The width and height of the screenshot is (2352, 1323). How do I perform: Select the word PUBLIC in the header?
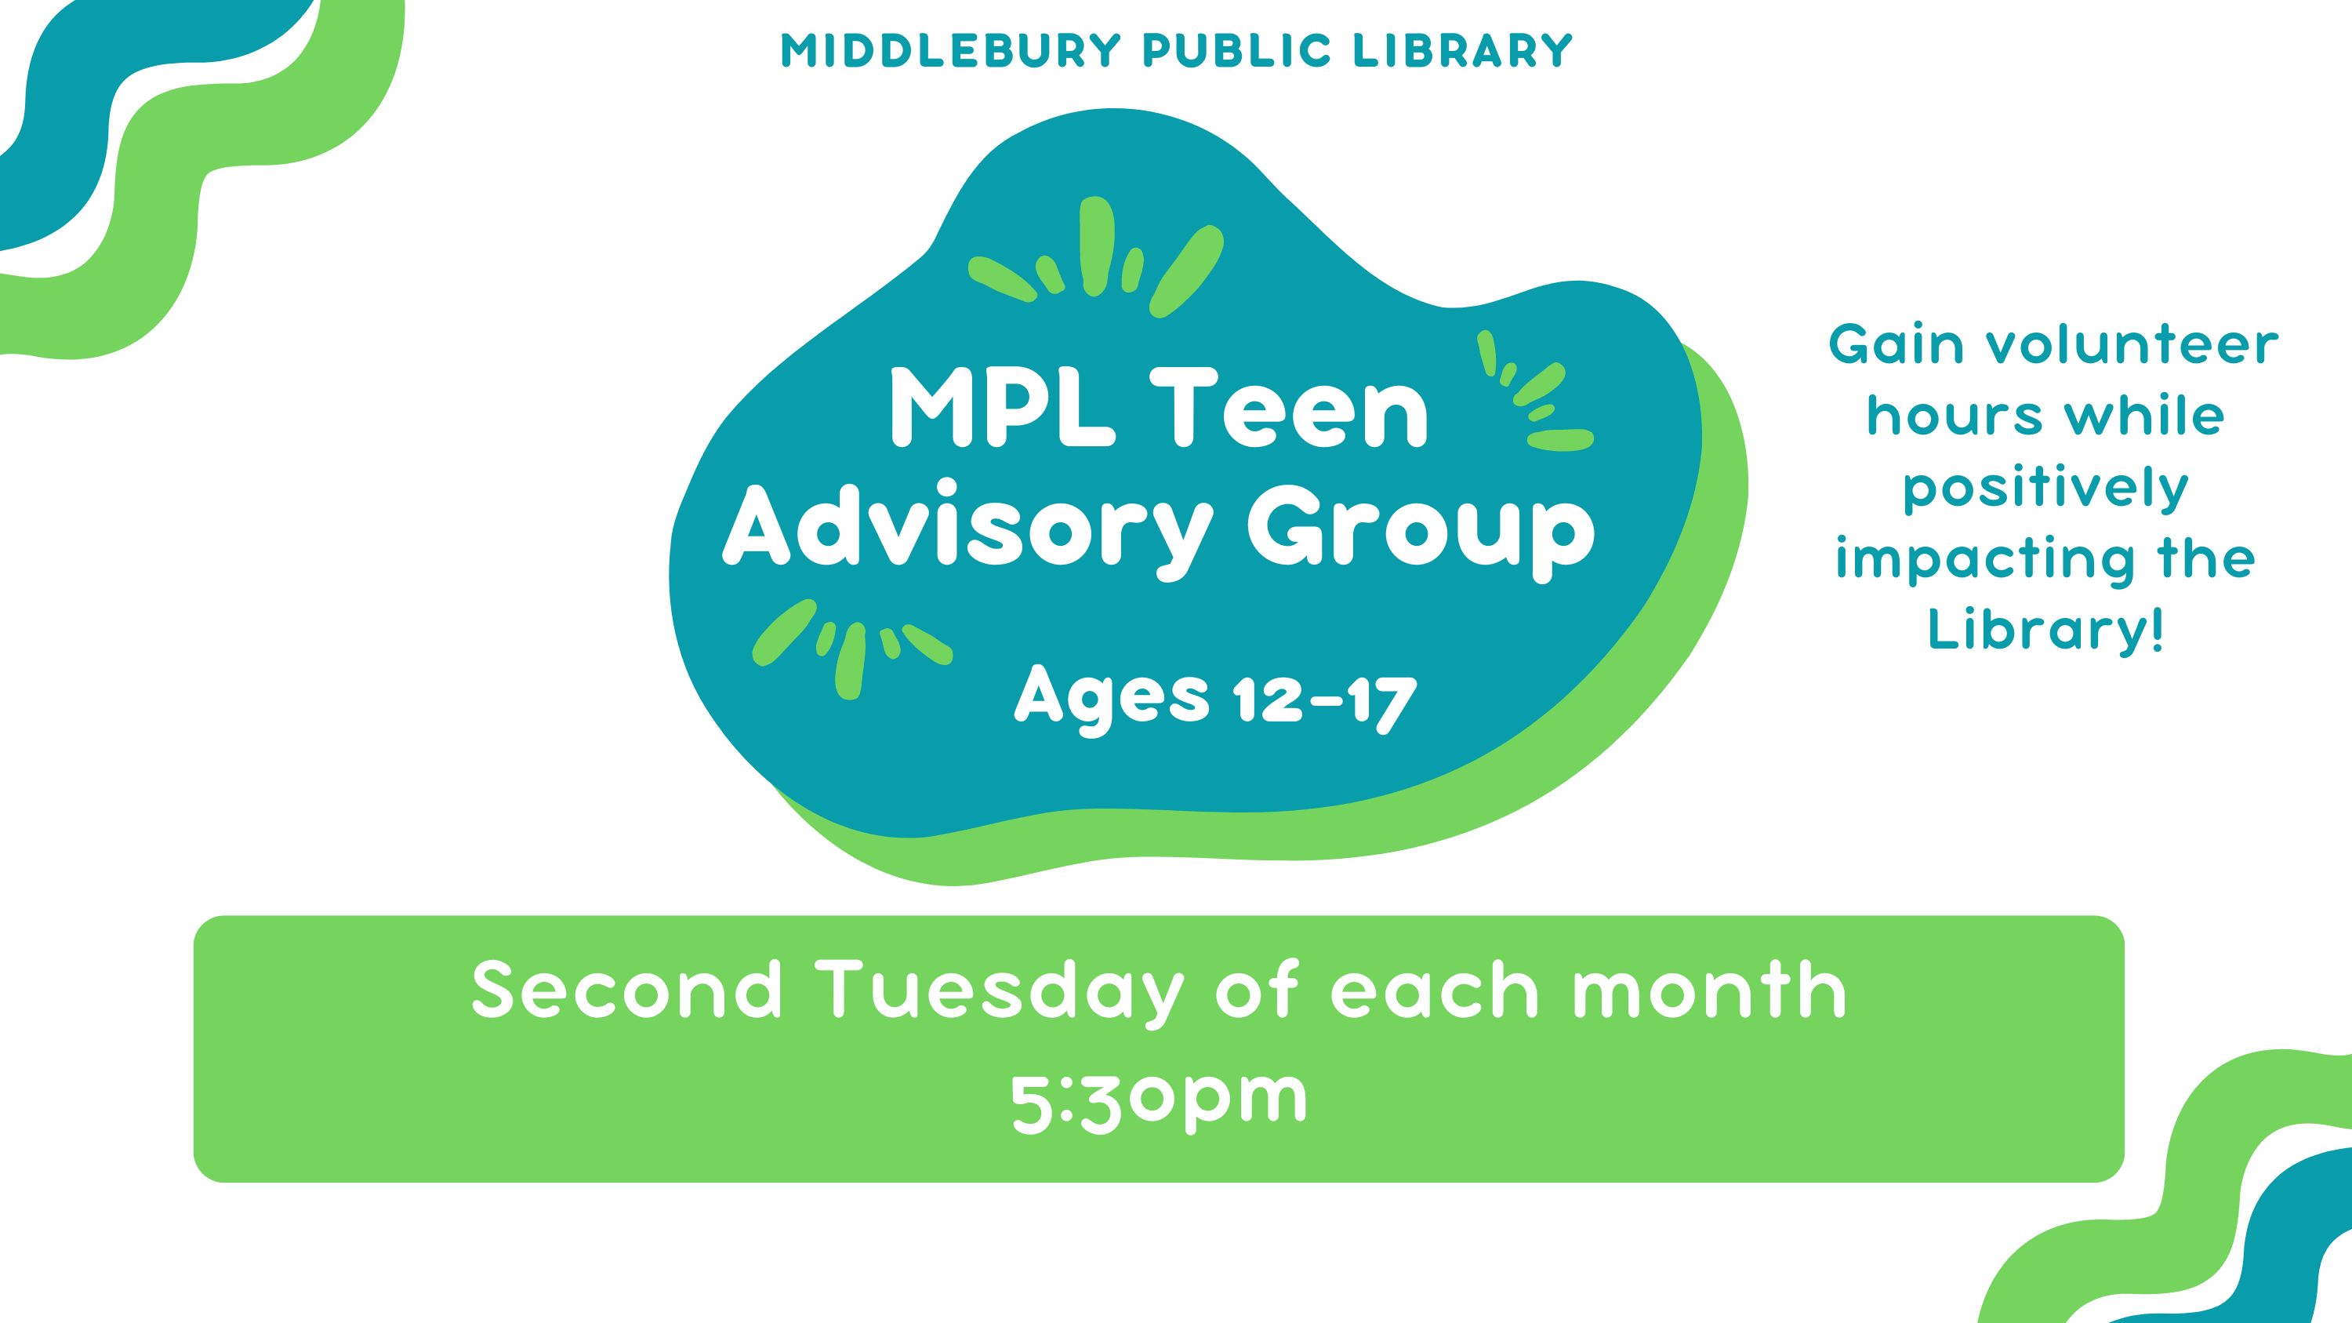click(x=1237, y=51)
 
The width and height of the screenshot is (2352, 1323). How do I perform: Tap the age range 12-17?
click(x=1324, y=701)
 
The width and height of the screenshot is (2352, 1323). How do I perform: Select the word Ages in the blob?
click(x=1111, y=701)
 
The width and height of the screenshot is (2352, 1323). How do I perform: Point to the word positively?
click(x=2046, y=489)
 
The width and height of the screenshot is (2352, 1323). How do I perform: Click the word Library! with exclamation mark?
click(x=2045, y=630)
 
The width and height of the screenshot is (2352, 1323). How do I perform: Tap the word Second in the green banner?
click(x=628, y=990)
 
